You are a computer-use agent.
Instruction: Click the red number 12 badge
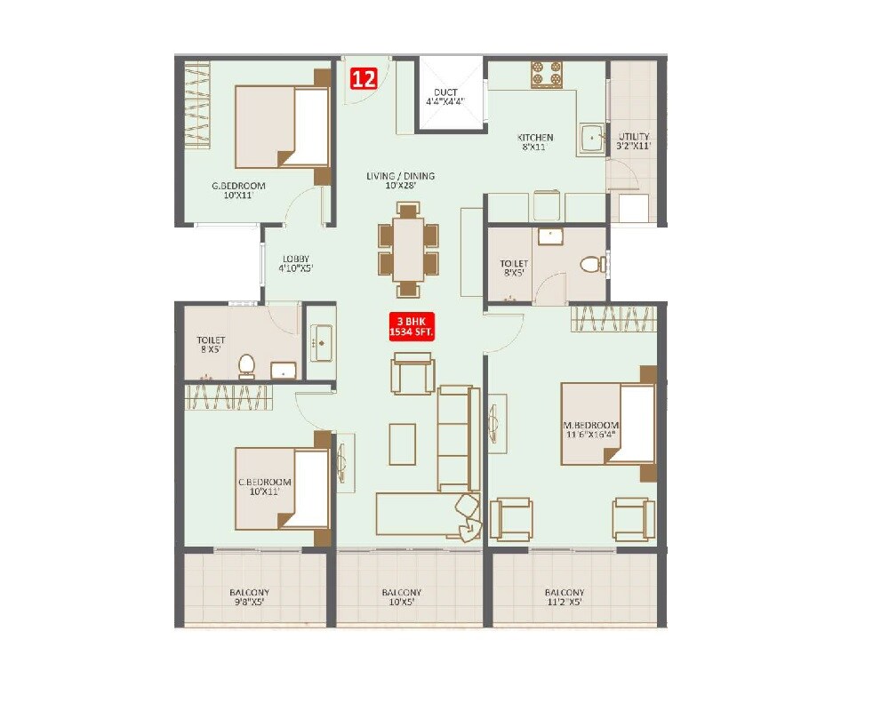click(363, 78)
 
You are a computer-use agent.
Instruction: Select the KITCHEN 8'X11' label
click(535, 142)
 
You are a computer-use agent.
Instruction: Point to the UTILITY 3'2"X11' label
click(634, 141)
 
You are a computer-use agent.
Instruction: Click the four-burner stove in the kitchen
click(547, 75)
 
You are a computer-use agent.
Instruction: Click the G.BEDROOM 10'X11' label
click(238, 191)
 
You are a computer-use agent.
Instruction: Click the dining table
click(408, 250)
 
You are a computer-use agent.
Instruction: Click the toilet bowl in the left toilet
click(246, 364)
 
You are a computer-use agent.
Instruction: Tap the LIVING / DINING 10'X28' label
click(400, 181)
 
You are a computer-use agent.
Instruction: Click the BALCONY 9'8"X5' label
click(249, 597)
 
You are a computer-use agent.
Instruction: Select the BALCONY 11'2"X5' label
click(565, 597)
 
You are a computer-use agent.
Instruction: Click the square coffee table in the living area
click(403, 443)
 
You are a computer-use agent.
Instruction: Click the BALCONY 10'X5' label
click(402, 597)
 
